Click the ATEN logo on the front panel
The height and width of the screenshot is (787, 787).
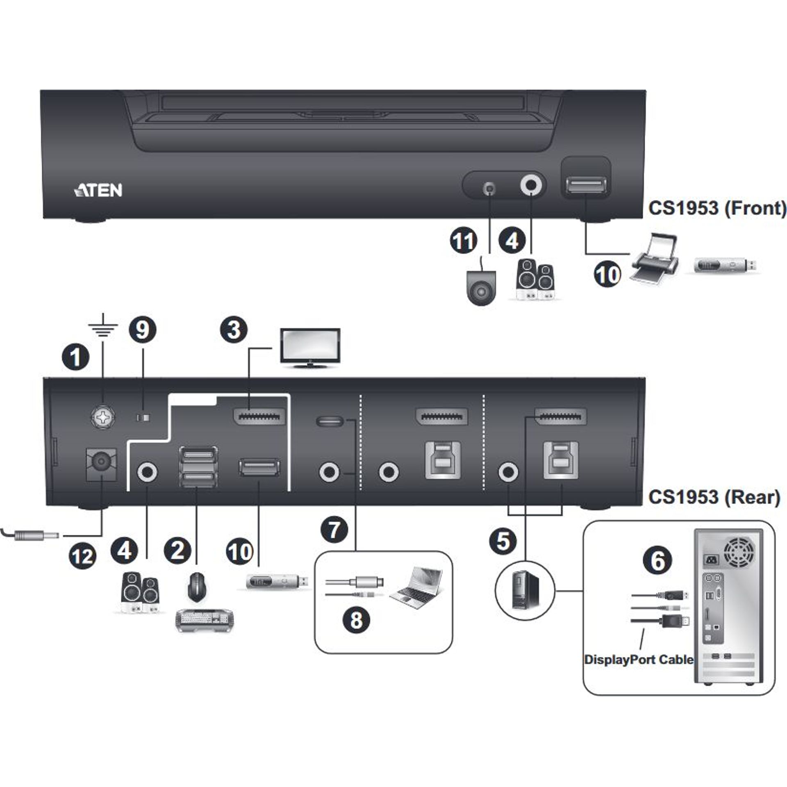tap(98, 190)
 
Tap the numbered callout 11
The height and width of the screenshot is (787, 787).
tap(464, 241)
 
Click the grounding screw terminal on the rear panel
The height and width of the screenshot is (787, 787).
tap(102, 418)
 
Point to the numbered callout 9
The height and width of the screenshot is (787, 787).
tap(142, 330)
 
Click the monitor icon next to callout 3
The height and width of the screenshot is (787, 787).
tap(310, 348)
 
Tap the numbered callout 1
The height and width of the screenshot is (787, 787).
tap(75, 357)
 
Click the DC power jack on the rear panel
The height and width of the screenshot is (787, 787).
tap(101, 464)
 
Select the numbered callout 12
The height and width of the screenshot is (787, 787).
tap(83, 557)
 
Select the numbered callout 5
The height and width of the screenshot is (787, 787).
tap(503, 541)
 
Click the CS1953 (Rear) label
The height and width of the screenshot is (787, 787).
tap(714, 497)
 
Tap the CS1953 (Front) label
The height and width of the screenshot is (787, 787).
tap(717, 208)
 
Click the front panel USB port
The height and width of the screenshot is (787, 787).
tap(586, 185)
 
